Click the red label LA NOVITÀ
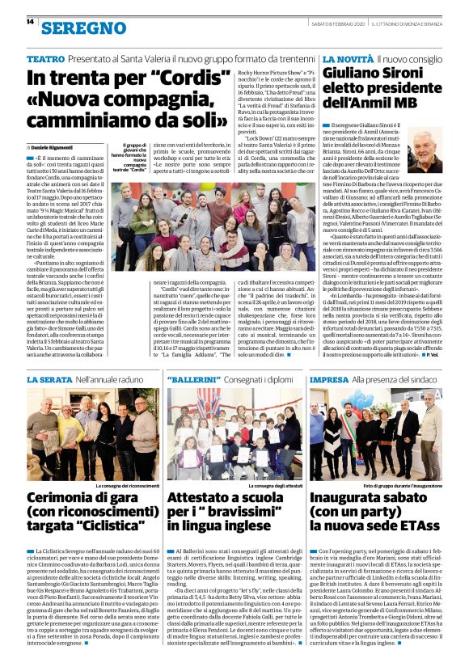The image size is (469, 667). (x=348, y=60)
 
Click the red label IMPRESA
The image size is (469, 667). (x=329, y=378)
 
